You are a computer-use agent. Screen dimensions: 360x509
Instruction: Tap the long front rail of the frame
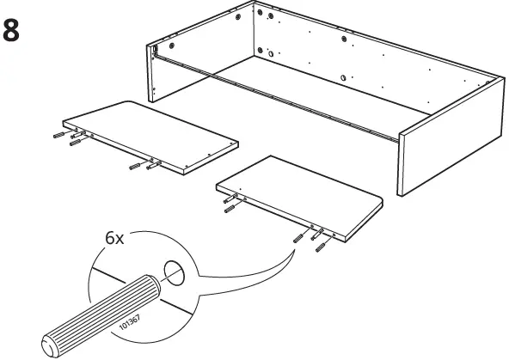click(275, 100)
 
